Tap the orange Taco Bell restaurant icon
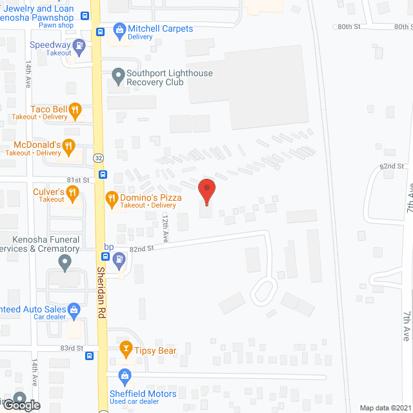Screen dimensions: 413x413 tap(75, 110)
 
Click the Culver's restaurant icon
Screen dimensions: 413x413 tap(73, 192)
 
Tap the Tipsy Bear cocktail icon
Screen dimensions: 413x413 tap(126, 351)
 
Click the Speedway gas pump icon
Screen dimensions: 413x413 tap(79, 45)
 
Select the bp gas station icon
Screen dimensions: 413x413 tap(119, 260)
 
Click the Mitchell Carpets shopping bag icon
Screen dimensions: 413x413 tap(119, 29)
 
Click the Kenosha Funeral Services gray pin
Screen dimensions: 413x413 tap(64, 263)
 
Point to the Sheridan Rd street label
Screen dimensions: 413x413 tap(101, 290)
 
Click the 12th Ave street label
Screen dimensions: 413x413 tap(165, 228)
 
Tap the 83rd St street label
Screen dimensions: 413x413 tap(72, 348)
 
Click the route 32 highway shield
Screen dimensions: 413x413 tap(97, 157)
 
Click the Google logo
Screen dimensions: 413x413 tap(21, 405)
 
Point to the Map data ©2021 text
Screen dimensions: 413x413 tap(385, 408)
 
